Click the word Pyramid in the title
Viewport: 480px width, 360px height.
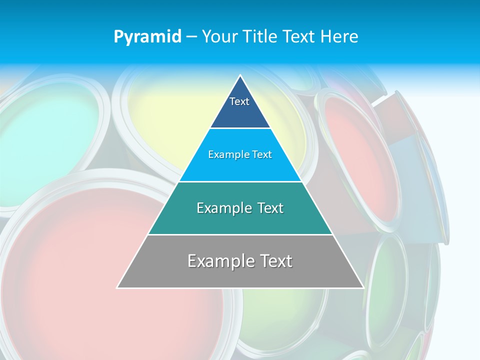(x=147, y=36)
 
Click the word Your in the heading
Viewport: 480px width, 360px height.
(x=219, y=36)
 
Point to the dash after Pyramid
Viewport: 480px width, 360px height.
(x=191, y=37)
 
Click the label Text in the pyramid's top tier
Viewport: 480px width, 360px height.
(x=239, y=101)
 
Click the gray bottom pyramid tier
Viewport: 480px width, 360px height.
(x=240, y=275)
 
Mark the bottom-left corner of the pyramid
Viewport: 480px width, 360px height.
(x=117, y=287)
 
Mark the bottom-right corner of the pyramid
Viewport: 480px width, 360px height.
(x=363, y=287)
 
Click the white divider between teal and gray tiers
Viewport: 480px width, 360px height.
(x=240, y=234)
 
